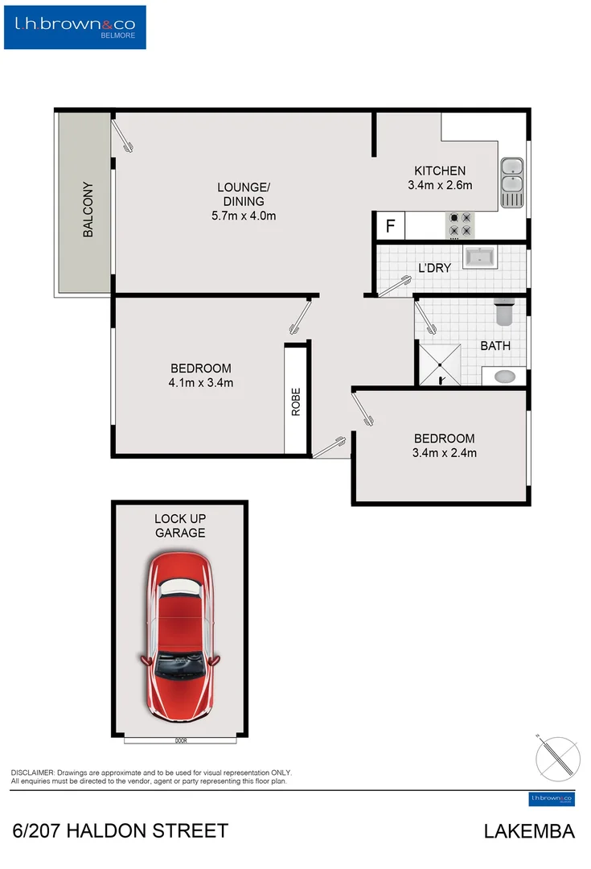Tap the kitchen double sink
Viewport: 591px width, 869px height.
(511, 183)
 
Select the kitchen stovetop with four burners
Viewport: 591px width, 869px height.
(461, 225)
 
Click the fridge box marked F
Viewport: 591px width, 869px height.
(390, 226)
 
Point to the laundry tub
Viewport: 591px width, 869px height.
(480, 257)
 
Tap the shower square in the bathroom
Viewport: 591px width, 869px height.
(439, 364)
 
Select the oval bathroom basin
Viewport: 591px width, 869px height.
(504, 375)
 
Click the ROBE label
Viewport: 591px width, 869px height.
(296, 402)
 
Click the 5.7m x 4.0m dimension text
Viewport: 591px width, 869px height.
(244, 216)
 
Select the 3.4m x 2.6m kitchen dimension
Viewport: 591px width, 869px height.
(440, 185)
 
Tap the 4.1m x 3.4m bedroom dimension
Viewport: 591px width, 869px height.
(195, 383)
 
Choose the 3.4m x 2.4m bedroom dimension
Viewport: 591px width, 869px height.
(444, 453)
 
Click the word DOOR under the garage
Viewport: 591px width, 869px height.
(180, 740)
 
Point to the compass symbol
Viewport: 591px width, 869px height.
(557, 757)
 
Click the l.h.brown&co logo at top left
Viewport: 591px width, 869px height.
(79, 27)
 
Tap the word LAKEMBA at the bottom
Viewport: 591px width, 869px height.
(529, 832)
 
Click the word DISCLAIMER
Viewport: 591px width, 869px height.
(33, 772)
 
